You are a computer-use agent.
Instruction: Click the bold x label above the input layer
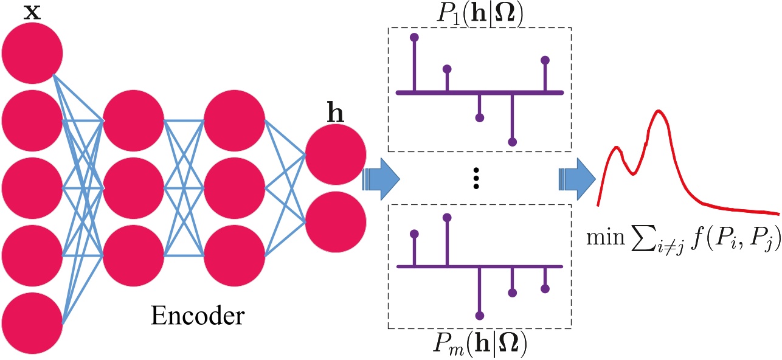32,12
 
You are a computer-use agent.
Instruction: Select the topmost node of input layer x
32,54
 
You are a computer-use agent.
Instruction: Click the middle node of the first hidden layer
133,187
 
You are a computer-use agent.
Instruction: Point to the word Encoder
198,316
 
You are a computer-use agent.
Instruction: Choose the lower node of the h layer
335,220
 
